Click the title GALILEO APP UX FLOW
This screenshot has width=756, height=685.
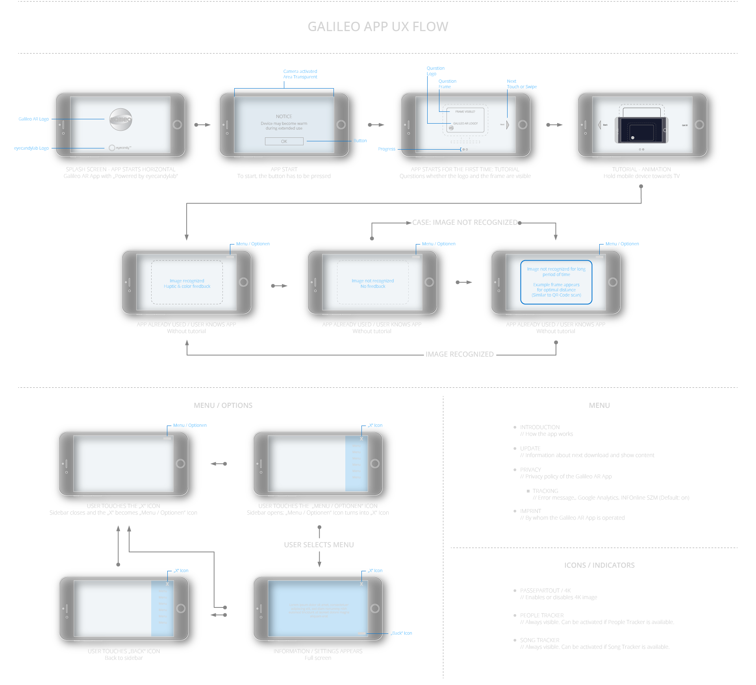[x=378, y=27]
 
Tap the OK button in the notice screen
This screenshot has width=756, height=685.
[x=284, y=141]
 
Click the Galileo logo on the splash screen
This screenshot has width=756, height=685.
[x=120, y=119]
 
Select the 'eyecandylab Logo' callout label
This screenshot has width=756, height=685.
[x=31, y=148]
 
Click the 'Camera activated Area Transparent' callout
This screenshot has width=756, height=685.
[x=300, y=74]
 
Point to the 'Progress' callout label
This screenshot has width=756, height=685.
[x=386, y=149]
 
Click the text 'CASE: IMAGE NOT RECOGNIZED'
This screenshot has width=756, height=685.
[x=465, y=222]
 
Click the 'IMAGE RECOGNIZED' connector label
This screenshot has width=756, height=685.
[x=459, y=354]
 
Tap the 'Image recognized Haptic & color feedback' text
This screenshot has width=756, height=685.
[x=187, y=283]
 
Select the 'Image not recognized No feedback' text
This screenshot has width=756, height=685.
[x=372, y=283]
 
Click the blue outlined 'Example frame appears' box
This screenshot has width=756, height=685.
[x=556, y=282]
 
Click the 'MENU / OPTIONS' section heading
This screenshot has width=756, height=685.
[x=223, y=405]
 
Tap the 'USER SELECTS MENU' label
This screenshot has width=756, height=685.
[x=319, y=545]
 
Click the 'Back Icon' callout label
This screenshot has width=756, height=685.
[x=402, y=633]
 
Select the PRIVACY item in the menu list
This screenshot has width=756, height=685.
[x=530, y=470]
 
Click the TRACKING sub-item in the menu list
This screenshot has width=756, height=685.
[x=545, y=491]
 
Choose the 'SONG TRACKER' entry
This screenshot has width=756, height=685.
[x=539, y=640]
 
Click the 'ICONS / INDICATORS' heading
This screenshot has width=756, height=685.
[x=599, y=565]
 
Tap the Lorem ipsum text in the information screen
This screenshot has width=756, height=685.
[x=319, y=610]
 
